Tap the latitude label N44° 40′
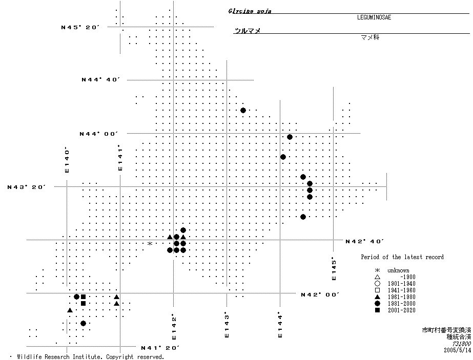pos(100,79)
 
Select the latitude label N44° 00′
pos(98,134)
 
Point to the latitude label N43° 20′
pos(27,187)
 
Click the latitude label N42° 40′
pos(364,241)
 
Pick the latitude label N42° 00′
pos(320,294)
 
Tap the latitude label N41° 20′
pos(160,348)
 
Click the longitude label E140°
pos(67,160)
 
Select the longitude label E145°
pos(334,268)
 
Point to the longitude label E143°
pos(226,325)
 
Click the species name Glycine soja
pos(250,11)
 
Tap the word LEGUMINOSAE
pos(371,17)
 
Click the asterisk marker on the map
pos(150,244)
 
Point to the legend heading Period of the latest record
pos(402,257)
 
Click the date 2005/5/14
pos(457,350)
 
